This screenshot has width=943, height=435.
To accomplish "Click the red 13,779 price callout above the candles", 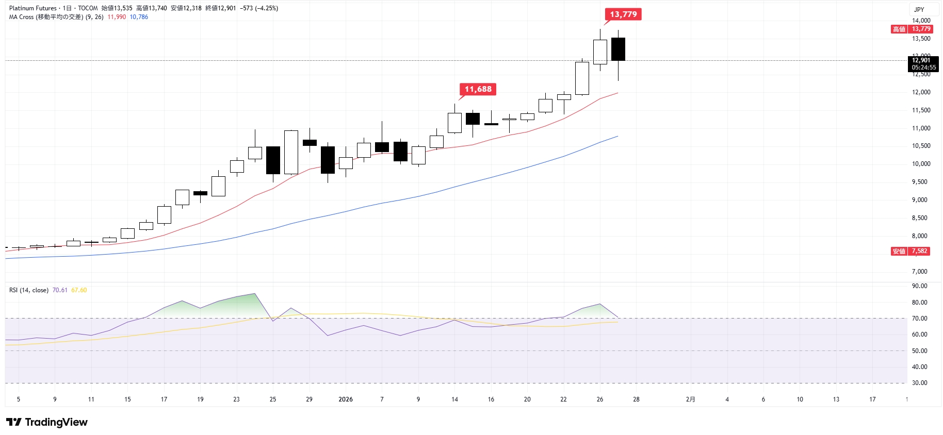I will (623, 14).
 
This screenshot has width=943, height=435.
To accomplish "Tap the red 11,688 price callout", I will (478, 89).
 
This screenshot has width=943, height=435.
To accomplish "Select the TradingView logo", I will (47, 422).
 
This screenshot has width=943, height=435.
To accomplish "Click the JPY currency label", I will (919, 9).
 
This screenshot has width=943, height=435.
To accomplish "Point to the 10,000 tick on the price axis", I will (921, 164).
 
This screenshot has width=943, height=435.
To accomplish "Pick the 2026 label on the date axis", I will (345, 399).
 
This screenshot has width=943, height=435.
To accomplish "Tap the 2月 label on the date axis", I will (690, 399).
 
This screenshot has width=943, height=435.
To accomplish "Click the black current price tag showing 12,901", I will (923, 63).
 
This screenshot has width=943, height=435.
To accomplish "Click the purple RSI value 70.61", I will (60, 290).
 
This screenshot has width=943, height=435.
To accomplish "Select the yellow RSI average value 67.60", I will (79, 290).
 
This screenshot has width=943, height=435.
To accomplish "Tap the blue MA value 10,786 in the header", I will (139, 17).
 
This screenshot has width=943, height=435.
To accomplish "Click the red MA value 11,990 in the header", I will (117, 17).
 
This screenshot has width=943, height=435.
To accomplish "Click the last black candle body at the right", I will (618, 49).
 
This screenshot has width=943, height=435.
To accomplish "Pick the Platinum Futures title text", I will (32, 8).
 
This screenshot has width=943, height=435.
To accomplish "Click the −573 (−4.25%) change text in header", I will (259, 8).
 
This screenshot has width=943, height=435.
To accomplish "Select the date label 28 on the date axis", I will (636, 399).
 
